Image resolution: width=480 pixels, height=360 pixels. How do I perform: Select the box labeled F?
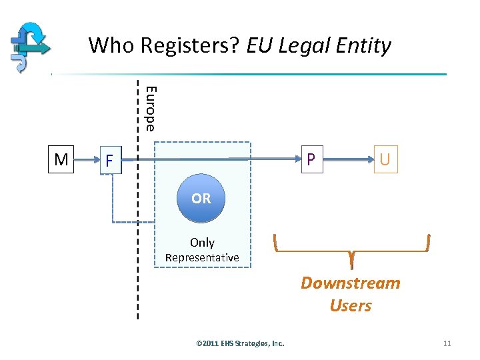(109, 161)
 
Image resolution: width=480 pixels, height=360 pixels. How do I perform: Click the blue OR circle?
(201, 199)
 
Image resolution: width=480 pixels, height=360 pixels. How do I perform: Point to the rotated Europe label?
(151, 109)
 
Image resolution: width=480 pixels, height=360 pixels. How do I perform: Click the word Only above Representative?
(202, 243)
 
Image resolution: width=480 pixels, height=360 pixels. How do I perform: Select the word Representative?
(202, 257)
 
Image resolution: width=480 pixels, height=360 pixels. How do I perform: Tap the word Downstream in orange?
(351, 283)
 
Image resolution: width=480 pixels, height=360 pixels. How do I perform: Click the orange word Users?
(351, 306)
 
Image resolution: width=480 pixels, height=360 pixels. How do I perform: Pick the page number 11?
(447, 343)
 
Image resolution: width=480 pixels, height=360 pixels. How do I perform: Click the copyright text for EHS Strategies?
(240, 343)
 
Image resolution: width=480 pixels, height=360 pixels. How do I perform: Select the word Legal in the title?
(305, 46)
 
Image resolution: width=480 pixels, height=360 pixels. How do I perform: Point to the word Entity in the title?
(364, 46)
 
